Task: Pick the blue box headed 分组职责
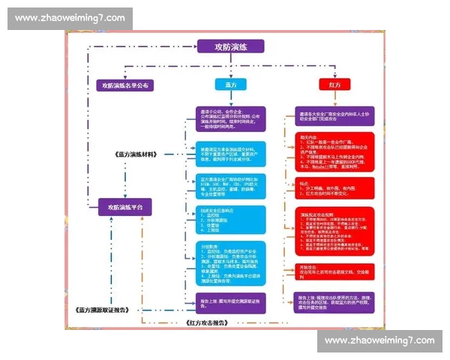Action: point(229,258)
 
